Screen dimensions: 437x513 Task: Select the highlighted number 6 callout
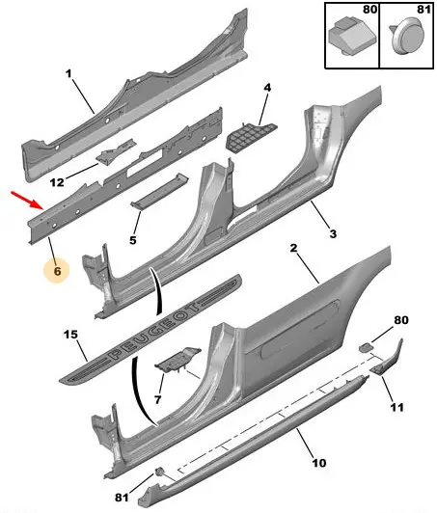click(x=57, y=271)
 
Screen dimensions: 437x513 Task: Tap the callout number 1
click(x=68, y=74)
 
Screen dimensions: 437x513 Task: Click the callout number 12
click(x=57, y=182)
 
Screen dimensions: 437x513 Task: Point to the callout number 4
click(x=267, y=88)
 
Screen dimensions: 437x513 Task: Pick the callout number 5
click(x=132, y=240)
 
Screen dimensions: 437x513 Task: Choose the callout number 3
click(x=333, y=234)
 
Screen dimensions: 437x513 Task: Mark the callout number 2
click(x=293, y=248)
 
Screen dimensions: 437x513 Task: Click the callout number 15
click(x=70, y=335)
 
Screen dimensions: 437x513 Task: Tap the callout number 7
click(x=158, y=399)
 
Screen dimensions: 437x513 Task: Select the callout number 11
click(x=396, y=407)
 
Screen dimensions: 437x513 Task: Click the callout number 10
click(x=319, y=463)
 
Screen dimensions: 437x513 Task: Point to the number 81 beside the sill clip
click(x=122, y=498)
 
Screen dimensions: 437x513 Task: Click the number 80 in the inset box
click(x=370, y=10)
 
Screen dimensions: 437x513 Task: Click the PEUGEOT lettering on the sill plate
click(x=155, y=331)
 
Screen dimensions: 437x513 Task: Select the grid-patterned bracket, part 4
click(x=252, y=137)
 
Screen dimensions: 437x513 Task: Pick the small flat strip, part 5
click(x=159, y=191)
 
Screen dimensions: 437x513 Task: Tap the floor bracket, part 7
click(x=178, y=360)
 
